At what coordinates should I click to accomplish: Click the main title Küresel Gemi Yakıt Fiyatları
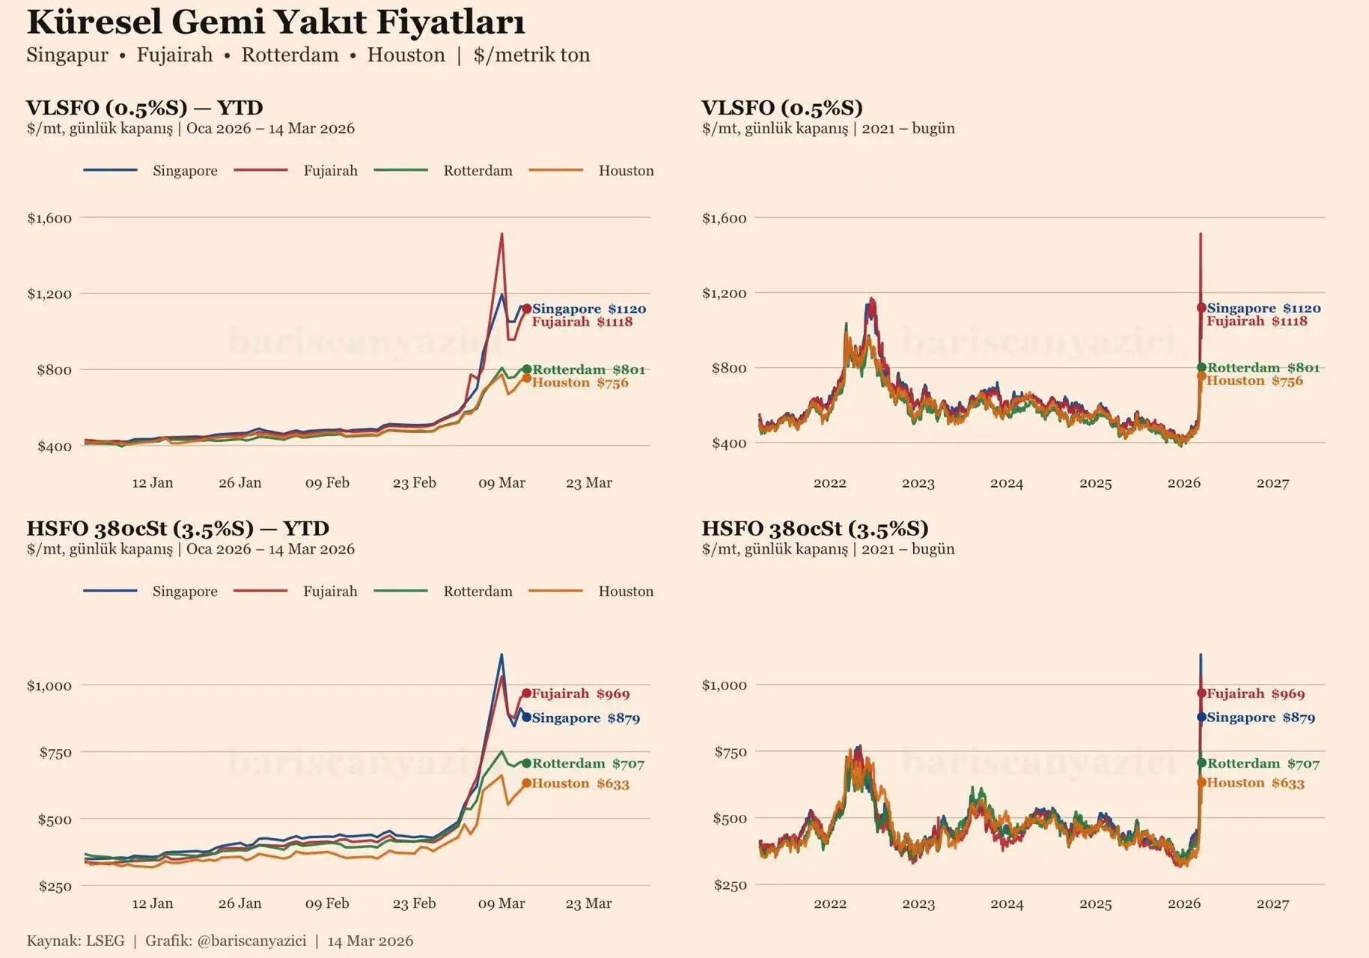coord(275,22)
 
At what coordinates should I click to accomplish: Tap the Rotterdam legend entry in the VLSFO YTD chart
coord(478,171)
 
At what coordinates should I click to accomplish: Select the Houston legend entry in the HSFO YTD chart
coord(626,592)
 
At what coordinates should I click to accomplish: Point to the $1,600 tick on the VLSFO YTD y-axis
coord(49,219)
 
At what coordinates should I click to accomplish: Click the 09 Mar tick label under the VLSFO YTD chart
coord(501,483)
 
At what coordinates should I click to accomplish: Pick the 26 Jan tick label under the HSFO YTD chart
coord(240,904)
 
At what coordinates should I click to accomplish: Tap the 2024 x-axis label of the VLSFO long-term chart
coord(1006,484)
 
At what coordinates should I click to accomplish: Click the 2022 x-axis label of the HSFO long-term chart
coord(829,904)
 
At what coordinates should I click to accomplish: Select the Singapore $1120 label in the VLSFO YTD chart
coord(589,309)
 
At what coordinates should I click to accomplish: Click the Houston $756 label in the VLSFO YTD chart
coord(580,383)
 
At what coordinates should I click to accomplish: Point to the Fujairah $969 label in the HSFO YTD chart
coord(581,694)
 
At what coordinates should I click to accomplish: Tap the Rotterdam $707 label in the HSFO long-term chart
coord(1263,764)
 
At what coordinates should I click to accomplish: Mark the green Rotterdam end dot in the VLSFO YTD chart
coord(527,369)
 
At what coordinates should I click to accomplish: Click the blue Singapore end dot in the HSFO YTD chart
coord(527,718)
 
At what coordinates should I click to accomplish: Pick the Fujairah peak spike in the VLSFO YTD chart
coord(501,235)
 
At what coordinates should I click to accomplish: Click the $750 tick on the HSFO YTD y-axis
coord(55,753)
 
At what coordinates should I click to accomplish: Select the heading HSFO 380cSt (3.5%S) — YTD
coord(177,529)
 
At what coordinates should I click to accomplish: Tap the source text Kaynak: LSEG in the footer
coord(76,942)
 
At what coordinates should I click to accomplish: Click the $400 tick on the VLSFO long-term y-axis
coord(729,443)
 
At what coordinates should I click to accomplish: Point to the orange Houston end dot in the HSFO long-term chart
coord(1201,783)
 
